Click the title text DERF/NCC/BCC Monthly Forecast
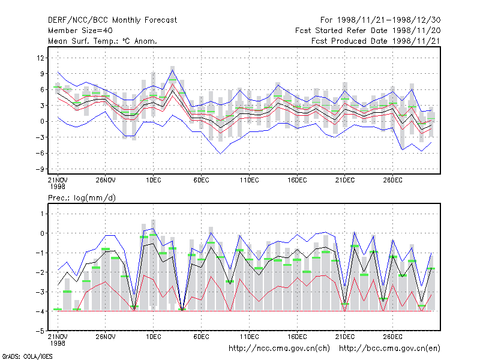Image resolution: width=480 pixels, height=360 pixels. pos(112,20)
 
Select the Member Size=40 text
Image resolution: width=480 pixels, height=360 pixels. pos(80,31)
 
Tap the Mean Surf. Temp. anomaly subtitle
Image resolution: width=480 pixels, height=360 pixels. pos(103,41)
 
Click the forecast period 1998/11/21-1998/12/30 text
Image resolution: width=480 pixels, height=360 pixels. pos(380,20)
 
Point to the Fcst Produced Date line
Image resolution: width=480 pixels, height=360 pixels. pos(376,41)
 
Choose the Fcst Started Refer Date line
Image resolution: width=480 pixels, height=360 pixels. pos(368,31)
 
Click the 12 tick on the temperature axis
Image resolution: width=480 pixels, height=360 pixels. pos(40,58)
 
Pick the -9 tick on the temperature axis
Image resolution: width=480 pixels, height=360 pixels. pos(40,169)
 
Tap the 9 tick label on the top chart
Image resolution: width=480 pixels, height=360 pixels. pos(42,74)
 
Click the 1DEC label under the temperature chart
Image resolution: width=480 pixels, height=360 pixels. pos(154,180)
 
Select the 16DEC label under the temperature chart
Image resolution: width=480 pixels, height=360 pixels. pos(297,180)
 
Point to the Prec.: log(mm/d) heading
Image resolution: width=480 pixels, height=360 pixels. pos(82,198)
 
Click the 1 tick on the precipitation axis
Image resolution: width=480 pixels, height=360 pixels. pos(42,214)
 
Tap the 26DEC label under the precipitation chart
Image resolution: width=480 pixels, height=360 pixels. pos(393,337)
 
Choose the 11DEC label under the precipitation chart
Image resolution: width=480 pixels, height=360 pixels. pos(249,337)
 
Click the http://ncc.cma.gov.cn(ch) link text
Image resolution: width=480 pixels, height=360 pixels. pos(279,349)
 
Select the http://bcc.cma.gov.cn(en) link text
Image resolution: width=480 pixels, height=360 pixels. pos(389,349)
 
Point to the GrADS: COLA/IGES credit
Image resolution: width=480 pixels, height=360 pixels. pos(27,356)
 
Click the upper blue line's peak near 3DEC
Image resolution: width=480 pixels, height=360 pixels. pos(173,70)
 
